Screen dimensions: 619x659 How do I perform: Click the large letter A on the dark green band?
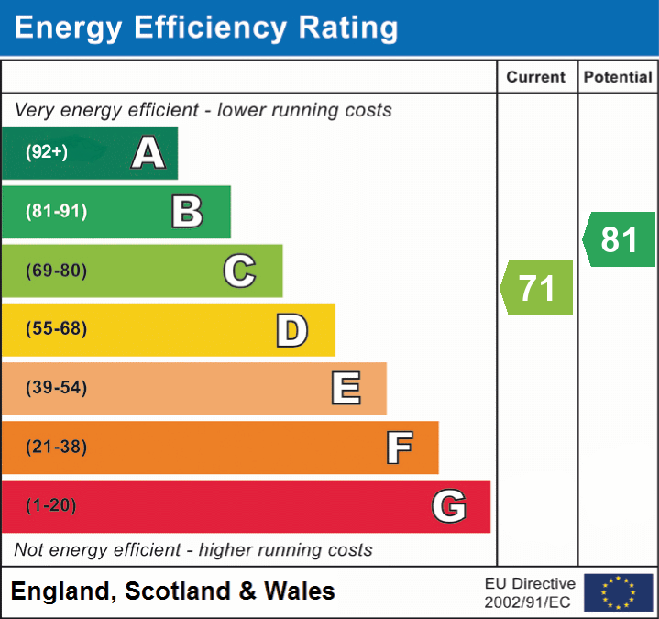point(148,153)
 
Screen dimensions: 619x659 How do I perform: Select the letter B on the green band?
point(187,212)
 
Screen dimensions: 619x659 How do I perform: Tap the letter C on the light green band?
point(239,271)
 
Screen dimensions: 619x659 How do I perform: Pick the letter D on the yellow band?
point(291,330)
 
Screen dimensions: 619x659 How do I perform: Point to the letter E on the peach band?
point(345,389)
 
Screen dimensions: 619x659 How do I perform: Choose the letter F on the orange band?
point(398,448)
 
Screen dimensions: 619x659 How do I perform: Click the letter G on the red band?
point(449,506)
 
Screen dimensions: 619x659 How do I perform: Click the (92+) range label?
point(47,153)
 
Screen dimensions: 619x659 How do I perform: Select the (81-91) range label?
point(56,212)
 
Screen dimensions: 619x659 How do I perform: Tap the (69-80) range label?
point(56,271)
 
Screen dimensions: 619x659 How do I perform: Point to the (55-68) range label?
point(56,329)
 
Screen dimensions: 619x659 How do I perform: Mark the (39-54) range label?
point(56,388)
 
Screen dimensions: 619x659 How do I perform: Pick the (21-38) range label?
point(56,448)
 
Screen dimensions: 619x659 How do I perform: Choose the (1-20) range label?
point(51,506)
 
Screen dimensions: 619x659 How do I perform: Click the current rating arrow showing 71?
point(537,288)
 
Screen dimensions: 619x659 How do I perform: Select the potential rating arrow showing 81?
point(620,239)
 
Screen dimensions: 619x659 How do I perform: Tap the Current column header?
point(536,78)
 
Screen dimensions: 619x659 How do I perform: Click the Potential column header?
point(618,78)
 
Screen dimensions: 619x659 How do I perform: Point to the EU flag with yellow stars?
point(618,592)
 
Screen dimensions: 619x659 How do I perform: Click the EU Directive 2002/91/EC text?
point(530,592)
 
